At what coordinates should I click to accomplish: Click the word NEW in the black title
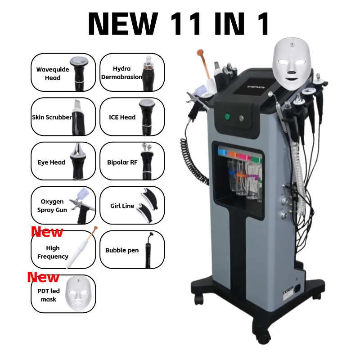122,23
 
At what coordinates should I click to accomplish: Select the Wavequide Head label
48,73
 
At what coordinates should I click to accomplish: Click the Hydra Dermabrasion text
121,72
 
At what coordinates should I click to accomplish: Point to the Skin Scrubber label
52,117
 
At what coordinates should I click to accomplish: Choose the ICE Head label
122,117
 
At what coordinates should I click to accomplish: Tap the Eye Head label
51,162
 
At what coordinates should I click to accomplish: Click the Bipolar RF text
122,162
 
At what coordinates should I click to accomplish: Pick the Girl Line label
122,206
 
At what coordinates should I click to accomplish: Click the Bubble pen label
122,250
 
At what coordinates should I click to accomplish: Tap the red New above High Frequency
47,232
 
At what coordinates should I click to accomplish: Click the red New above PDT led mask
43,277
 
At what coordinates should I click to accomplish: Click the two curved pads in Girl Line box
148,205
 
